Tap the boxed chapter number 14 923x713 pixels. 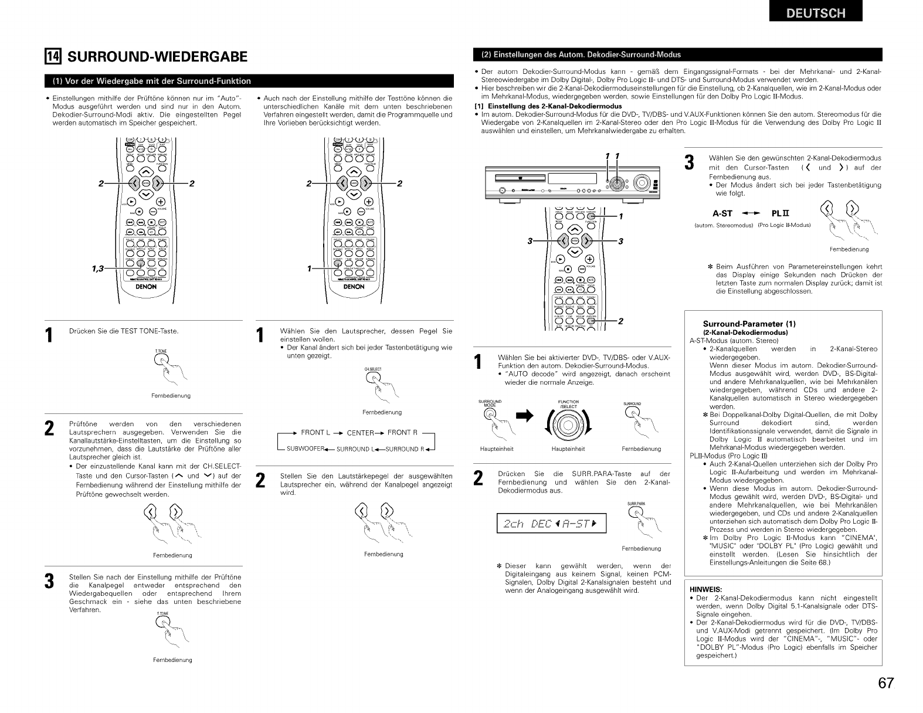(x=53, y=56)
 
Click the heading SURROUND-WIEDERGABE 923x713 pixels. (x=157, y=56)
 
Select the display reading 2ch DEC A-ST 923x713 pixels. (x=551, y=524)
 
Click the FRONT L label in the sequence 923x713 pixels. (x=316, y=433)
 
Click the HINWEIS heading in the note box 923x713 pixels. (x=705, y=589)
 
